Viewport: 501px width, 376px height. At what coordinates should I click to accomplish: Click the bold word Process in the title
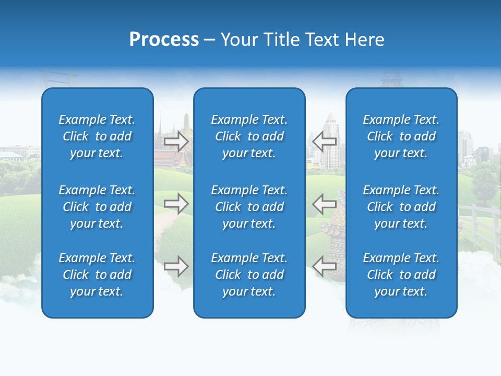(164, 40)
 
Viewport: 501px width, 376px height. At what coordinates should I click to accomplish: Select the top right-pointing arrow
(176, 141)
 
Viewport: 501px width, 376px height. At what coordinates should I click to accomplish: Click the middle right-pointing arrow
(176, 204)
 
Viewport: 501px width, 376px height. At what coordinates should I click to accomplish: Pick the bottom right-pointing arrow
(176, 266)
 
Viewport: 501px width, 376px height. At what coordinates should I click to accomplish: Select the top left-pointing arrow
(325, 141)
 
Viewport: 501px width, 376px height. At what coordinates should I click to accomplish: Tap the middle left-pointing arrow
(325, 204)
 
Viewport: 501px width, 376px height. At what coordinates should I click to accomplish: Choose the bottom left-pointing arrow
(325, 266)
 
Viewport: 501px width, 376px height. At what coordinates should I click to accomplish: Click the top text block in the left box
(97, 136)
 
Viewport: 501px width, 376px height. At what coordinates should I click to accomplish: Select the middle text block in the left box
(97, 207)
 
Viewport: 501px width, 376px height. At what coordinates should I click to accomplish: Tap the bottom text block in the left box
(97, 275)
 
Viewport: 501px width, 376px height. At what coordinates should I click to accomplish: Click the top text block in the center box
(249, 136)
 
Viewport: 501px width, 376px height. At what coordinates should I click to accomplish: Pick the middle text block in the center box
(249, 207)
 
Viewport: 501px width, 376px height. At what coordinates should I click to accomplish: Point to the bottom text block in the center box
(249, 275)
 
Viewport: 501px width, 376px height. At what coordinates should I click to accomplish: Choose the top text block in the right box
(401, 136)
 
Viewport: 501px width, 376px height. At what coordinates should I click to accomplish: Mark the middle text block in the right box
(401, 207)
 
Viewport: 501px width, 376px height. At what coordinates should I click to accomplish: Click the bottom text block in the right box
(401, 275)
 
